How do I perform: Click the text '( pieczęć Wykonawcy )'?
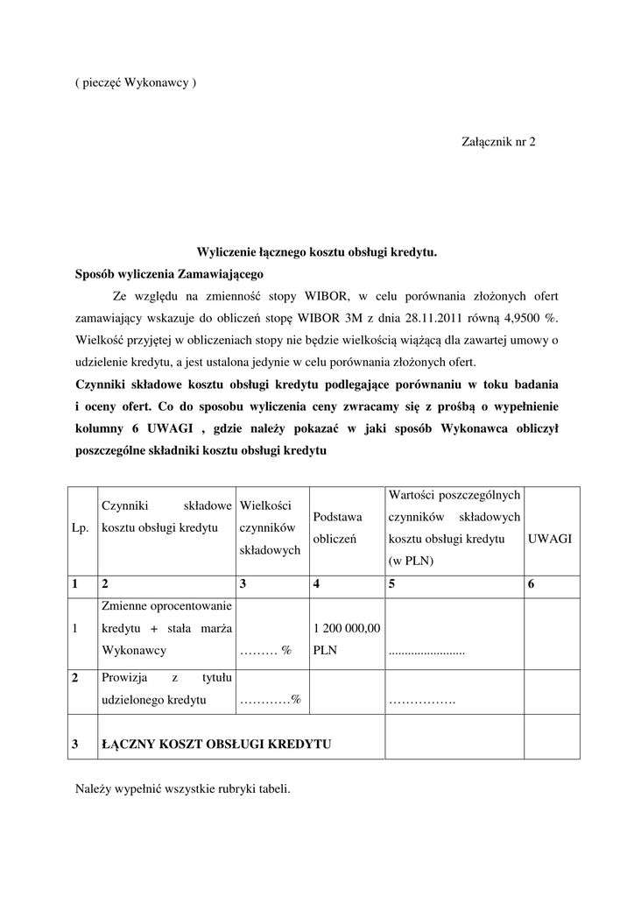pyautogui.click(x=136, y=83)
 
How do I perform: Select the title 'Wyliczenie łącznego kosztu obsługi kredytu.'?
pyautogui.click(x=316, y=252)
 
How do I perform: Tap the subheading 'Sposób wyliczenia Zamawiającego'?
pyautogui.click(x=164, y=274)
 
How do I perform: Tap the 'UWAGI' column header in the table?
pyautogui.click(x=550, y=539)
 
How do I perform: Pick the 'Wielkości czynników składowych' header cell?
pyautogui.click(x=271, y=527)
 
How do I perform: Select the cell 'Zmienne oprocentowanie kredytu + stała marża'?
pyautogui.click(x=166, y=628)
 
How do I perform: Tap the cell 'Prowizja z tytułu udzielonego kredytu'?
pyautogui.click(x=166, y=689)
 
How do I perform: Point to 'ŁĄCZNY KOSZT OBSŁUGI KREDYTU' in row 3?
pyautogui.click(x=216, y=744)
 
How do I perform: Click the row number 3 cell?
pyautogui.click(x=77, y=744)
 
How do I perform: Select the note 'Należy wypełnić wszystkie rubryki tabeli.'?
pyautogui.click(x=183, y=788)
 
